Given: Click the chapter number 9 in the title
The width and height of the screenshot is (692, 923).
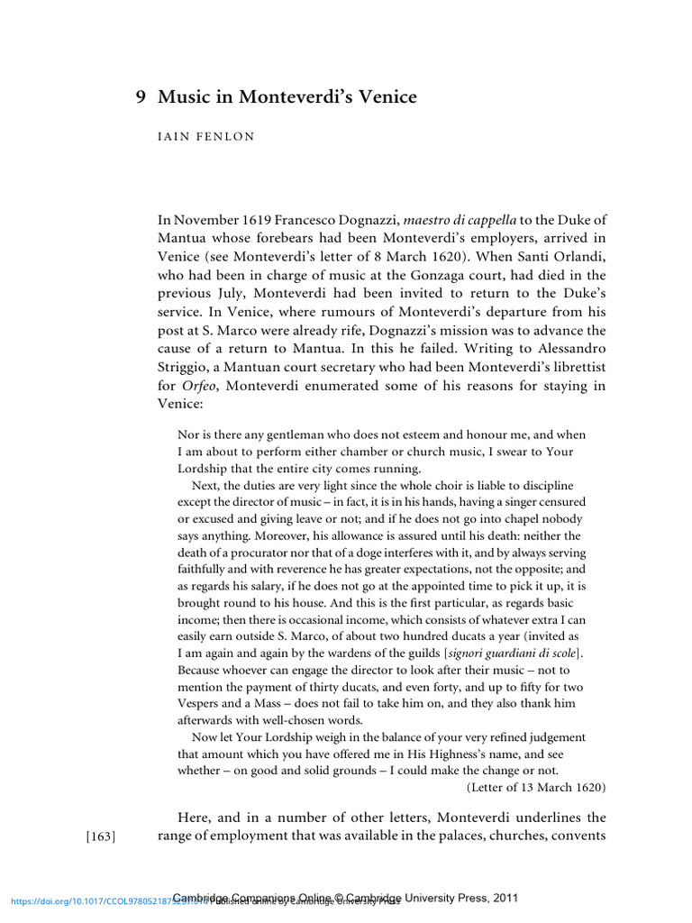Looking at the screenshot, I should (141, 96).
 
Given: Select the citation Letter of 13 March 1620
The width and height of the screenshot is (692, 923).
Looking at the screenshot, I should (536, 787).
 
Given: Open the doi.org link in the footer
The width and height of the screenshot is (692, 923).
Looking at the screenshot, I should (90, 900).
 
